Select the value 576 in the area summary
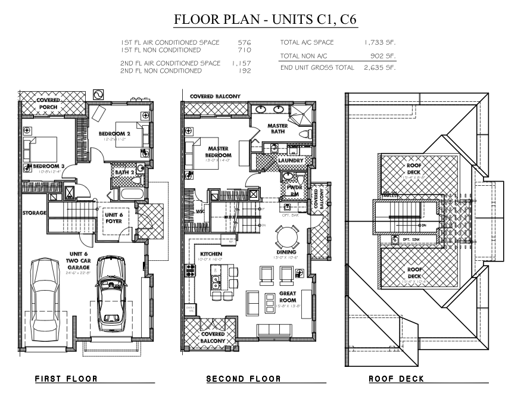click(244, 43)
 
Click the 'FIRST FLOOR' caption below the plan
click(65, 378)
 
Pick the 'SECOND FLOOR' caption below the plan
click(243, 378)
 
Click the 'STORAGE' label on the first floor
click(35, 213)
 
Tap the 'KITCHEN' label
click(211, 254)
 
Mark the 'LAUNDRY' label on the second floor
click(291, 161)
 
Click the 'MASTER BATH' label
click(277, 129)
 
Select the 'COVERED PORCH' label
click(48, 104)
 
